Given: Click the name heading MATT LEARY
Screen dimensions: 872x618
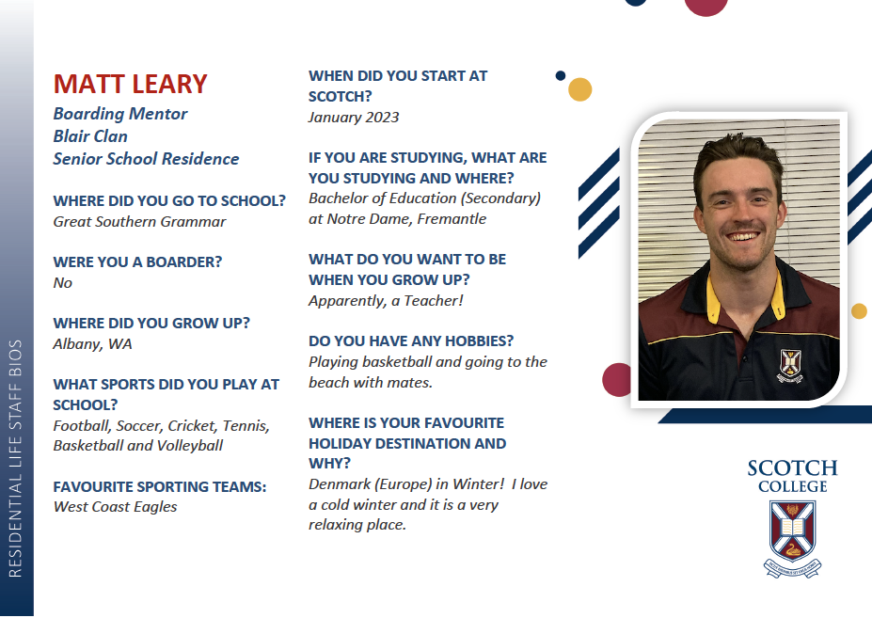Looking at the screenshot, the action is [130, 84].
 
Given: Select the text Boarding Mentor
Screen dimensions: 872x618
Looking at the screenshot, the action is [120, 114].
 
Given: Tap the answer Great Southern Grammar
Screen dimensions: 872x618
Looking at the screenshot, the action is [139, 221].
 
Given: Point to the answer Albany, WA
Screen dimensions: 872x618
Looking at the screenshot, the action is [92, 343].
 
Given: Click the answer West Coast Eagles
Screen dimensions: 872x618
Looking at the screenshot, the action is [115, 507].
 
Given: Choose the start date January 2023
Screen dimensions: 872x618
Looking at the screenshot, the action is [354, 118].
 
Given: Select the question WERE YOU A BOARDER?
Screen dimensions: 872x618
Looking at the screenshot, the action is [137, 262].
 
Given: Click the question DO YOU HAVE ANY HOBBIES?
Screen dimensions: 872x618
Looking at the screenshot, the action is [411, 341].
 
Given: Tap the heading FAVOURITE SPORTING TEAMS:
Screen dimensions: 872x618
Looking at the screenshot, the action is [160, 486].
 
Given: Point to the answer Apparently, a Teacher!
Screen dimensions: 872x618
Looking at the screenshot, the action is [386, 301].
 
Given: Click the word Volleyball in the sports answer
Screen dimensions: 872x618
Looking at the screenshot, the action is [190, 446].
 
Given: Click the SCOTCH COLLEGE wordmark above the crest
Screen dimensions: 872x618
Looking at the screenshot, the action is [792, 476].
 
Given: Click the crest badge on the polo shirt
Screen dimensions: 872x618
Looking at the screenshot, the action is [790, 366].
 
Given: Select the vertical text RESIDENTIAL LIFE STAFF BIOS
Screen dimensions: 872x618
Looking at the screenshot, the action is [16, 458].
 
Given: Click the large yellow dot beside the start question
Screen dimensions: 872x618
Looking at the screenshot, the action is [580, 89].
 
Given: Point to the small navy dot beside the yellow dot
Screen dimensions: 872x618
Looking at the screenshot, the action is [561, 75].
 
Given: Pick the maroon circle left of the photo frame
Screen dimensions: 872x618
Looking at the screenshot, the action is [617, 380].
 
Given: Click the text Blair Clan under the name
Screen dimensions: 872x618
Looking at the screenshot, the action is [90, 136].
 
